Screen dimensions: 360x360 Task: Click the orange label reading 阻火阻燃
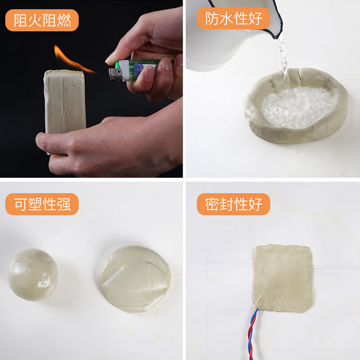pyautogui.click(x=42, y=20)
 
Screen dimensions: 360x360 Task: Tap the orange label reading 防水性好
pyautogui.click(x=234, y=18)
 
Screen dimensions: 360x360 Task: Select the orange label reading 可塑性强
pyautogui.click(x=42, y=204)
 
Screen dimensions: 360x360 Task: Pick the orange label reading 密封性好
pyautogui.click(x=234, y=204)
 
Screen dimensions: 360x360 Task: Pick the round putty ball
pyautogui.click(x=33, y=274)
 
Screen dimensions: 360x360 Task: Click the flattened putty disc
pyautogui.click(x=135, y=279)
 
